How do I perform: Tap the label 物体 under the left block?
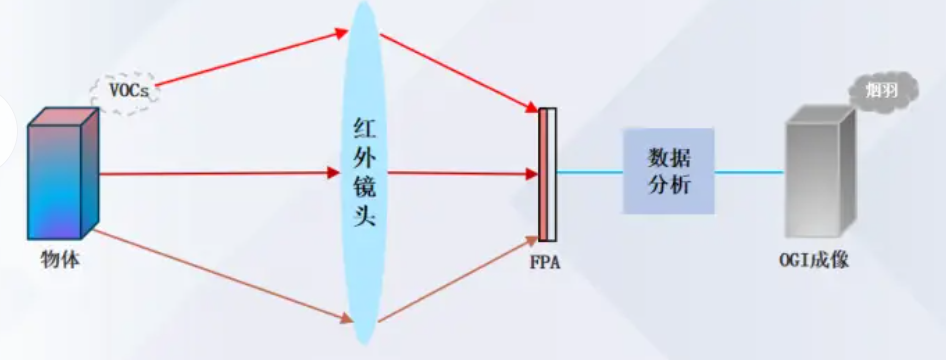[x=60, y=260]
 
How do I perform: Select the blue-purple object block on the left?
[x=61, y=175]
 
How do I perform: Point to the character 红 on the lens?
[x=366, y=127]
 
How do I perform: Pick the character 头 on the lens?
[x=366, y=216]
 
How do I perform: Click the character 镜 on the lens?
[x=366, y=187]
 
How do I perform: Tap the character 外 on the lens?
[x=366, y=157]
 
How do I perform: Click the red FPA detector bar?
[x=543, y=175]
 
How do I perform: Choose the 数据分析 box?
[x=668, y=171]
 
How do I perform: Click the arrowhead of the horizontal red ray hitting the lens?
[x=334, y=173]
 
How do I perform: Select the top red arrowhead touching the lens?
[x=340, y=35]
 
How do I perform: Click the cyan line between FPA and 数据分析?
[x=590, y=172]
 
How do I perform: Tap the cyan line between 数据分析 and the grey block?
[x=749, y=172]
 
